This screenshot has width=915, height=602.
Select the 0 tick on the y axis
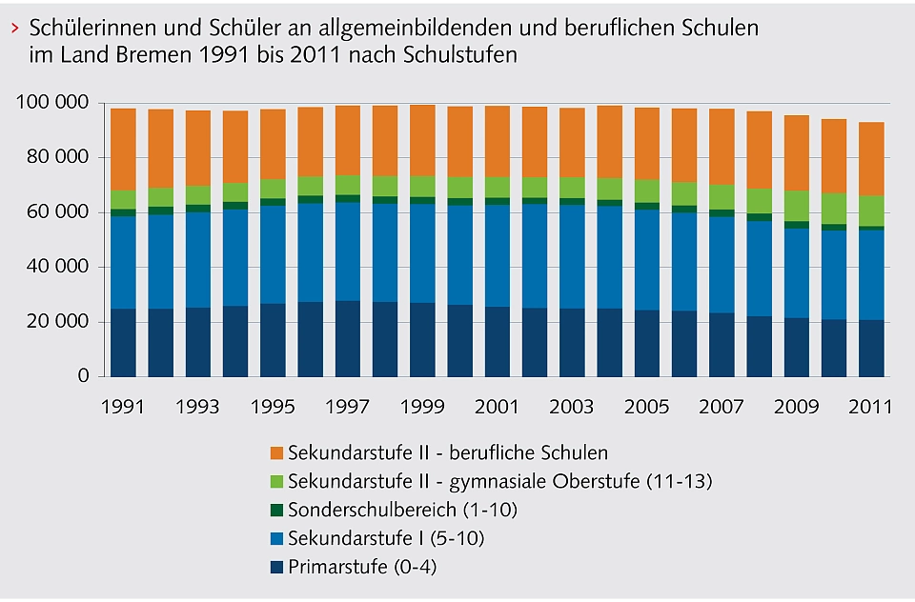(82, 377)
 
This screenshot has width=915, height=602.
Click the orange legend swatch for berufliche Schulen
(277, 452)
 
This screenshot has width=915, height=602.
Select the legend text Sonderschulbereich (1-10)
(402, 510)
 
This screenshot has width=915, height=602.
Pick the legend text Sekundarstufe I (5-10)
(386, 539)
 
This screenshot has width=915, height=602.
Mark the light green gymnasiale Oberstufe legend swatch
(277, 481)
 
